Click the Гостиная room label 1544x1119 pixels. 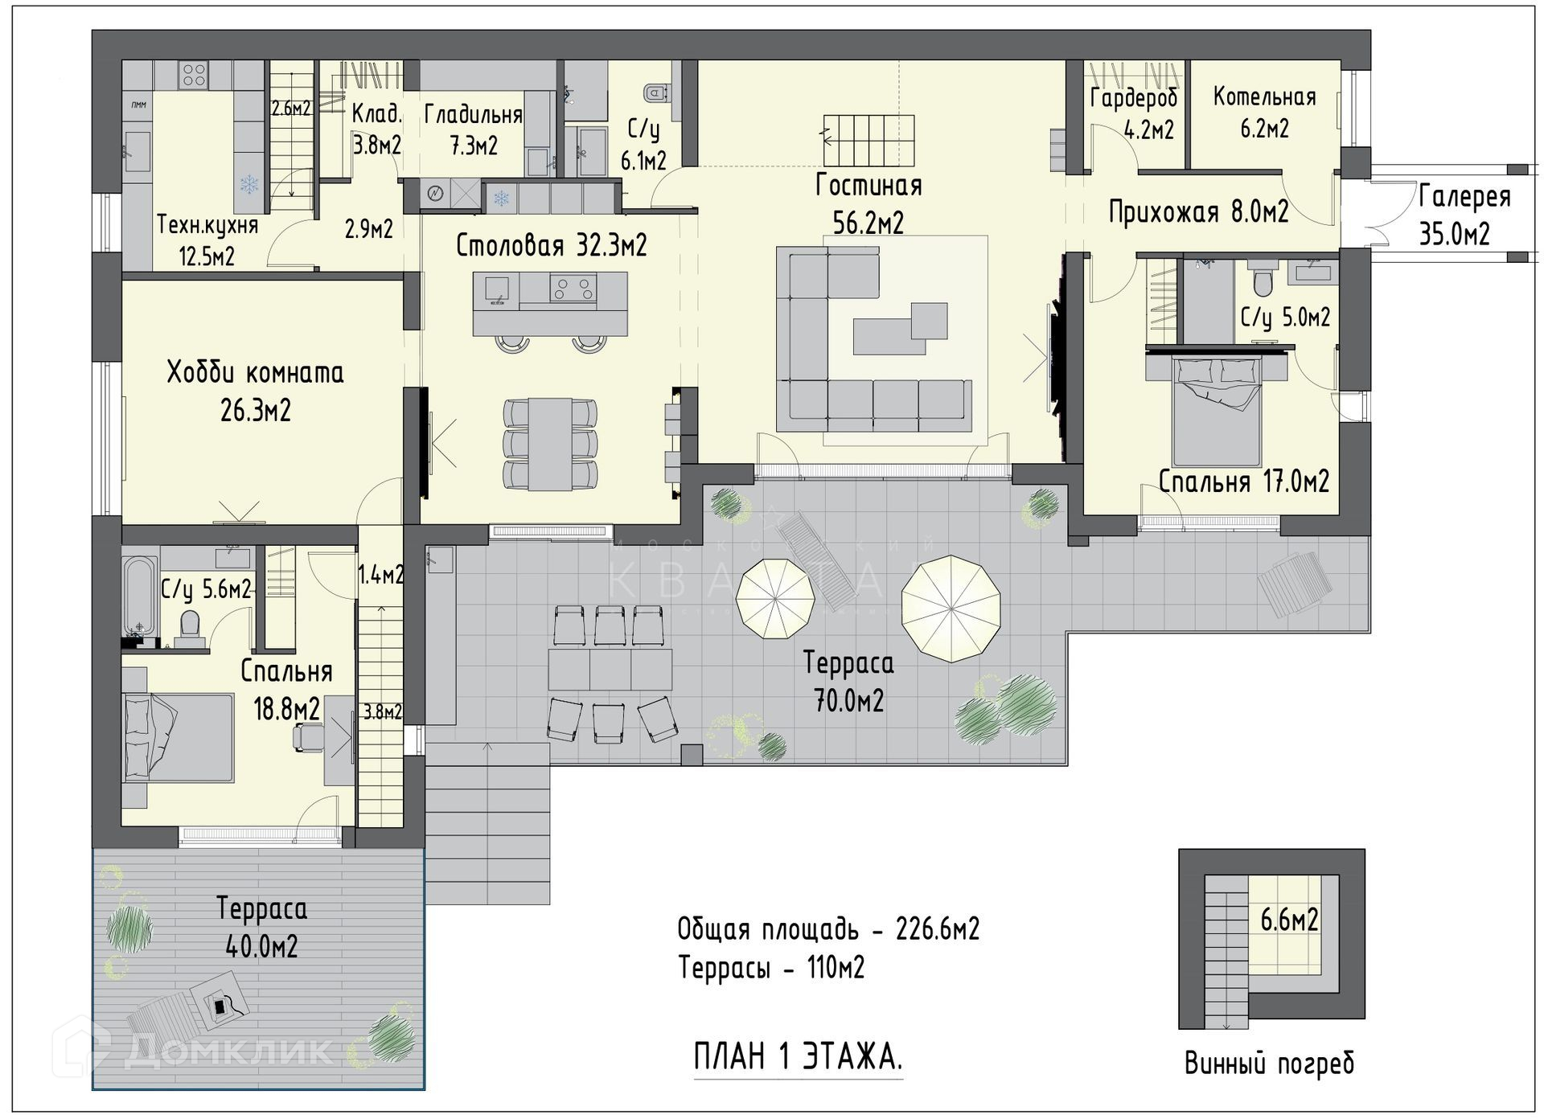[x=868, y=186]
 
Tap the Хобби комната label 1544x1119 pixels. [x=256, y=373]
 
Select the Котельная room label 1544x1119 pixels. [x=1265, y=97]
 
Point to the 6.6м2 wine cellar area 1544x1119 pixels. [x=1289, y=920]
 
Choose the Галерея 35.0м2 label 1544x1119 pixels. [x=1464, y=215]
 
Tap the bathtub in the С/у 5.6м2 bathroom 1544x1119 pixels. [x=140, y=595]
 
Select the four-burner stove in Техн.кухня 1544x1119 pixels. [x=194, y=76]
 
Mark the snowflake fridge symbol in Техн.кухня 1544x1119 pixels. [x=250, y=184]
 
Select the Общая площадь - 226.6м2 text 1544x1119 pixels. [x=828, y=929]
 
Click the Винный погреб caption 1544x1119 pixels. [x=1269, y=1064]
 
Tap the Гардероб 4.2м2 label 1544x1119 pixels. [x=1135, y=113]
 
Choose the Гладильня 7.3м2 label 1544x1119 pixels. [x=473, y=130]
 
